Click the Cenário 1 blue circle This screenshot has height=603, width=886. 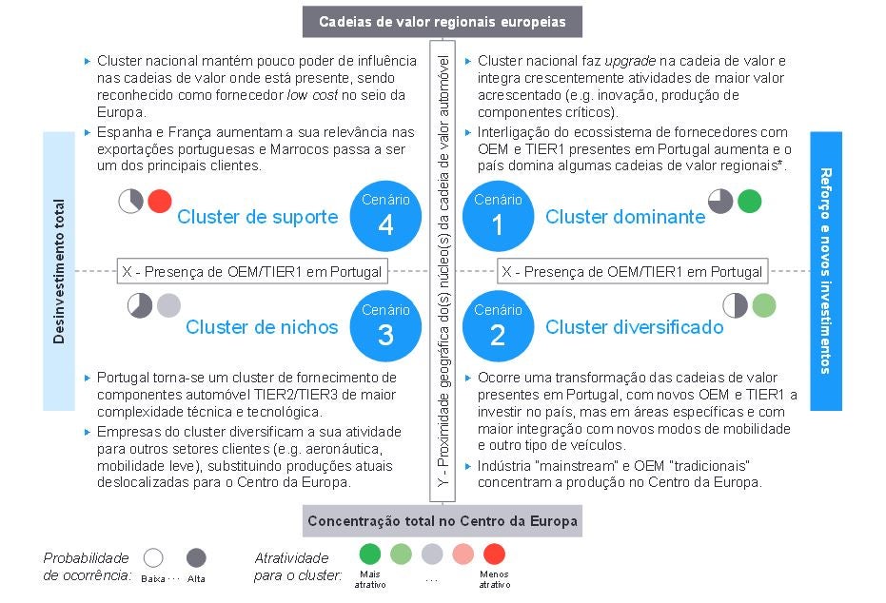498,216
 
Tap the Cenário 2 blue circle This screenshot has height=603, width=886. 498,326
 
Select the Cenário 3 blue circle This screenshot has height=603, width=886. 385,326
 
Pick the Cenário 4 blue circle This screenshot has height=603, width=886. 385,216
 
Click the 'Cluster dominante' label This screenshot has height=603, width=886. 625,217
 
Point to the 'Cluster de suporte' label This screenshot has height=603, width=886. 257,217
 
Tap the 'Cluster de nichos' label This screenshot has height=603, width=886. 262,327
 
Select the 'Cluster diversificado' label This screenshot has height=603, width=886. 634,327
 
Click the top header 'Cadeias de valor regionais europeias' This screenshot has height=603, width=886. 442,21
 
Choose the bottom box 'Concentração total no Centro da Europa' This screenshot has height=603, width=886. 443,521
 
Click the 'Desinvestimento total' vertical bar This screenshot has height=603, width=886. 59,271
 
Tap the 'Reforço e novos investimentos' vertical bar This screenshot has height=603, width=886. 826,271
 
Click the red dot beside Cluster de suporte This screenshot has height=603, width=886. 160,201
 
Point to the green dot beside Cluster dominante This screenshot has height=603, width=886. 749,201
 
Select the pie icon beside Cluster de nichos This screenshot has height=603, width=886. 140,305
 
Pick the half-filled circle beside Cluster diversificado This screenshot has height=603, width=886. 735,305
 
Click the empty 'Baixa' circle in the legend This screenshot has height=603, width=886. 152,558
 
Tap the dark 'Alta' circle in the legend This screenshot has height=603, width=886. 197,558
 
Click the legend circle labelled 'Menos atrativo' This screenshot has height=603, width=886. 494,554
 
